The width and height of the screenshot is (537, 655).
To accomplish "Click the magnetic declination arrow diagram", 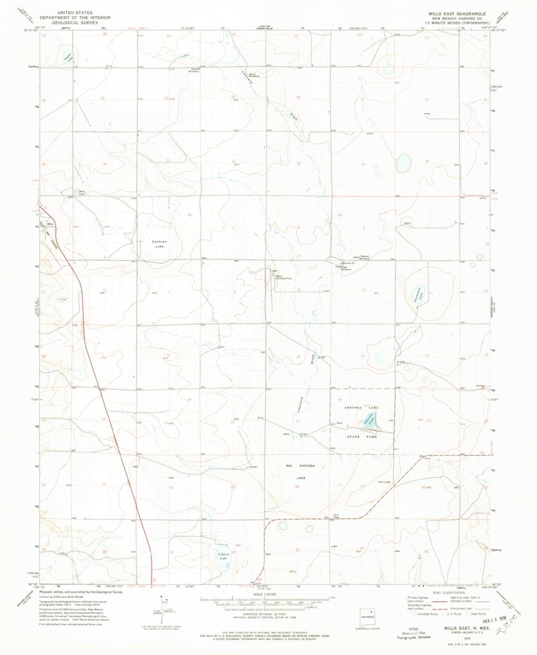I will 166,607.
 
